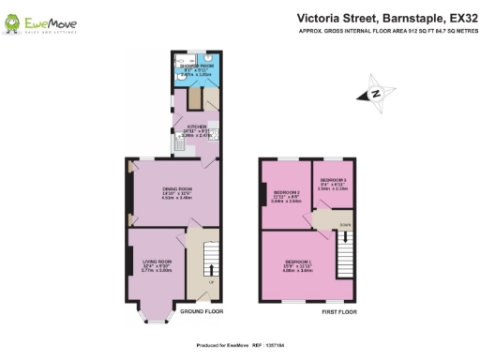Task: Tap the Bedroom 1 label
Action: [x=299, y=263]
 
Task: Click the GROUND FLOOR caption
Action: [x=200, y=310]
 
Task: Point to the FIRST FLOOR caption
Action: [x=339, y=310]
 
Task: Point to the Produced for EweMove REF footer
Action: [x=240, y=345]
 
